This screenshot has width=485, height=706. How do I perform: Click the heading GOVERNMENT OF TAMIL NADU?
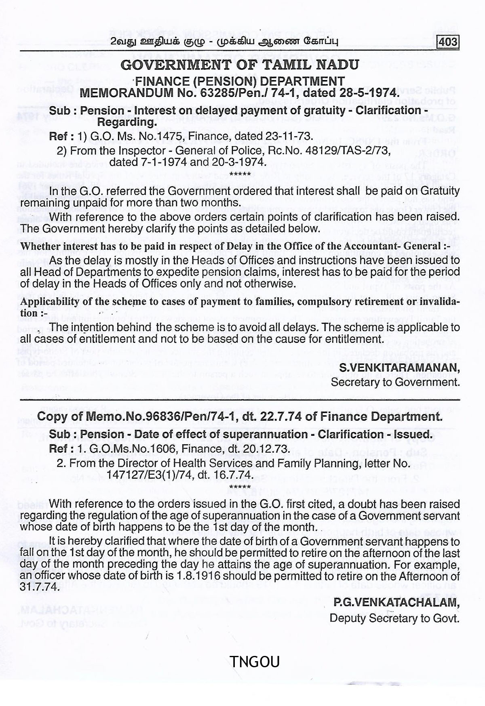coord(239,65)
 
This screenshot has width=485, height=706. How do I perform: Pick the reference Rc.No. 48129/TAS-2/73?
coord(328,151)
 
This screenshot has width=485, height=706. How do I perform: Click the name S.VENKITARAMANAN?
coord(399,368)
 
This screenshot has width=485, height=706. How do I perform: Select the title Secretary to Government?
coord(395,382)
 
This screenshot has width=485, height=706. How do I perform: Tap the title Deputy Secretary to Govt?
coord(394,618)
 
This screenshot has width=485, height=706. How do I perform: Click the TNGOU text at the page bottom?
coord(254,662)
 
